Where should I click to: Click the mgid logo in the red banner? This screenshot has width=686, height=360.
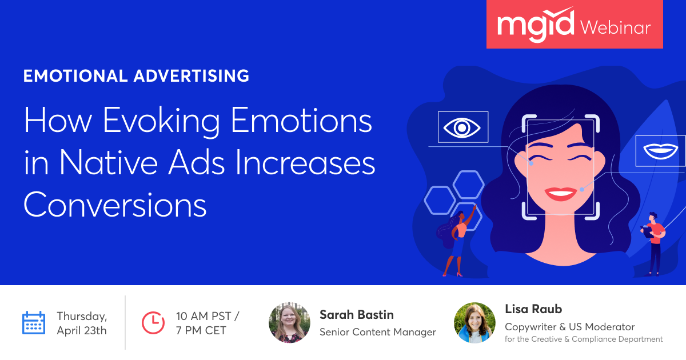point(535,25)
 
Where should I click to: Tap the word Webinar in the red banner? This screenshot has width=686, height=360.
point(616,28)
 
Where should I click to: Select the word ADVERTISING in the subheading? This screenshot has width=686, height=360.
point(192,76)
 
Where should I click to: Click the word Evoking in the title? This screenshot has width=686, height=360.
point(161,121)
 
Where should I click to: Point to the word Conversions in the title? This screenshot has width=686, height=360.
point(115,205)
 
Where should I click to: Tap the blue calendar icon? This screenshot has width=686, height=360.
point(34,323)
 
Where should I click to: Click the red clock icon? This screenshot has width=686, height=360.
point(153,323)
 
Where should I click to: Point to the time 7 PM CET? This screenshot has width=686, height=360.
point(201,331)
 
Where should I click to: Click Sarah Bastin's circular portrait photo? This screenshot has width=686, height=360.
point(289,323)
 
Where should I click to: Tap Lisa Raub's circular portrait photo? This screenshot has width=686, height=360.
point(474,323)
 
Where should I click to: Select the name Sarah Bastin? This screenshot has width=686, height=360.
point(357,315)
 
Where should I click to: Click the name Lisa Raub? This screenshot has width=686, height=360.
point(533,309)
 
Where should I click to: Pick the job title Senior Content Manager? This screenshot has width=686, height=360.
point(378,332)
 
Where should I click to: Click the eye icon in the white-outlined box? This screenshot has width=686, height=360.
point(462,127)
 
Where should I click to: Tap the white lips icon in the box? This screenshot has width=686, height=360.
point(660,151)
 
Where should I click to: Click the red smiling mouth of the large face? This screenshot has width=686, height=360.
point(560,194)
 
